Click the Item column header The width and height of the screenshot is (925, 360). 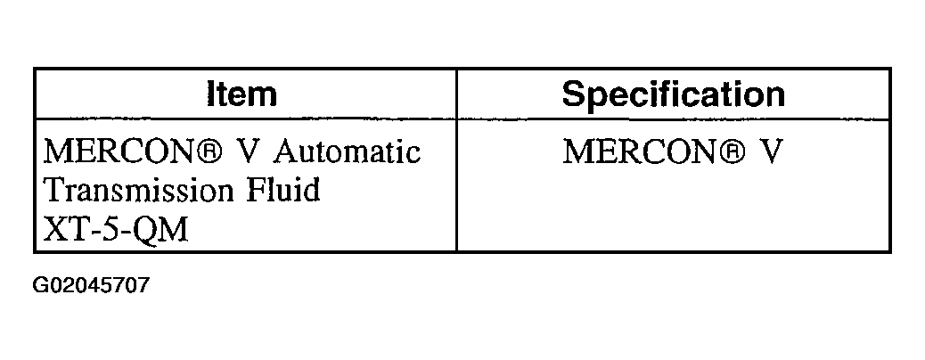click(241, 94)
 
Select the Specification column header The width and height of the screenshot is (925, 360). click(673, 94)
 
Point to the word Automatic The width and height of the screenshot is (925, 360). click(347, 151)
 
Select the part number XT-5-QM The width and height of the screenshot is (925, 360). click(116, 230)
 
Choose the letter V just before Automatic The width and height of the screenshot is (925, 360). click(250, 152)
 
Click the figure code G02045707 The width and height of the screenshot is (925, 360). click(92, 286)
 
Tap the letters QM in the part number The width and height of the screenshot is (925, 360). click(160, 231)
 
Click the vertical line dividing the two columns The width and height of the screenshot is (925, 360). click(456, 160)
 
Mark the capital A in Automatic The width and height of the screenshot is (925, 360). click(285, 151)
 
